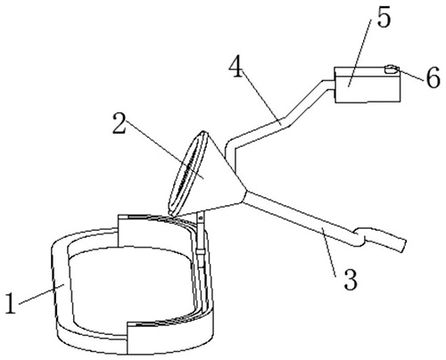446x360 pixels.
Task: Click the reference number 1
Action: (x=11, y=303)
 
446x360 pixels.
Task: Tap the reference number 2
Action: (x=120, y=122)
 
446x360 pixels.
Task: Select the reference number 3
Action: (x=351, y=280)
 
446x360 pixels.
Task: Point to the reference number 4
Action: (x=236, y=67)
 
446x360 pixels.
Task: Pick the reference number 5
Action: (x=383, y=17)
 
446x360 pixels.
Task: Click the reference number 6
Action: (x=433, y=78)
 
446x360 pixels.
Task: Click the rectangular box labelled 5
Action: (x=368, y=85)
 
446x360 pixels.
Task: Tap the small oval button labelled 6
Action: (x=392, y=70)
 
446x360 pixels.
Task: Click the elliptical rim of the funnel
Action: (x=186, y=173)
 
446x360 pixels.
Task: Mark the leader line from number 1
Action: (x=42, y=294)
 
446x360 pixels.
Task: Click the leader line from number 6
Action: (x=410, y=74)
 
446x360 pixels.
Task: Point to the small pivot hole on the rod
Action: (x=201, y=218)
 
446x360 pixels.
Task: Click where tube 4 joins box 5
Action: (x=334, y=84)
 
